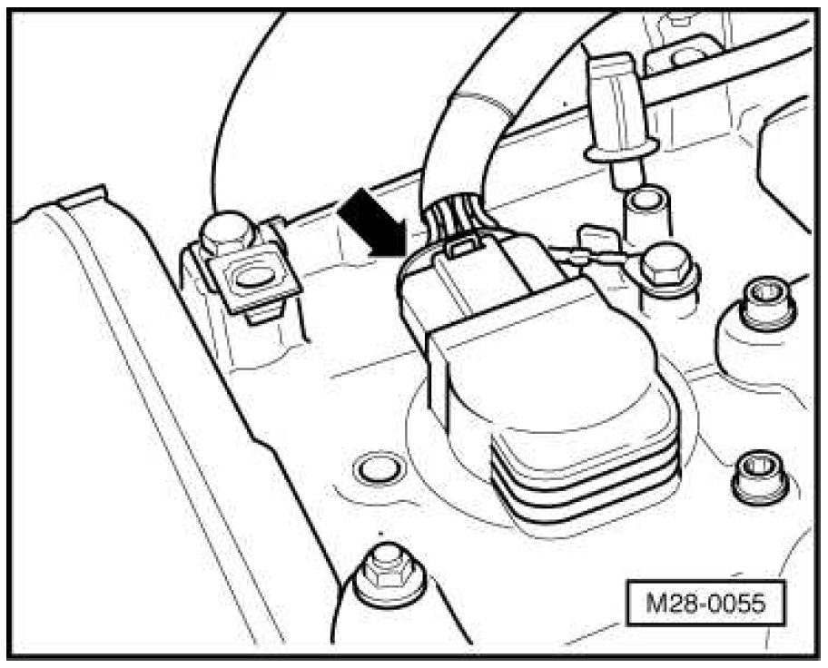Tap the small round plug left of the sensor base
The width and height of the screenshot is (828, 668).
point(371,468)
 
